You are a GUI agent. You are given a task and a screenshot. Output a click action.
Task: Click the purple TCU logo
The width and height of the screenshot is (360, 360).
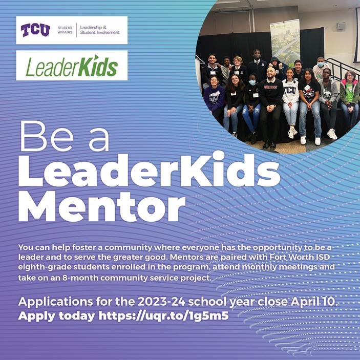(35, 30)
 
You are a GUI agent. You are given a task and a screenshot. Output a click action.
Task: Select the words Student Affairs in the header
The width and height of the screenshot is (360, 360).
(65, 30)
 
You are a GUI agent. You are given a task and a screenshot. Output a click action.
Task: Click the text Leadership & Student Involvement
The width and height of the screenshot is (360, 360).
(100, 30)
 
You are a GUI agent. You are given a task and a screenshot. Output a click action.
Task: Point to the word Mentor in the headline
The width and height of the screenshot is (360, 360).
(102, 206)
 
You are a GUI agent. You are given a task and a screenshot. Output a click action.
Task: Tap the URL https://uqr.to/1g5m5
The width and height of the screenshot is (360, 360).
(163, 316)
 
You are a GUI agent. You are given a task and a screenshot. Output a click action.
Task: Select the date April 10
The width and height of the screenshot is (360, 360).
(314, 301)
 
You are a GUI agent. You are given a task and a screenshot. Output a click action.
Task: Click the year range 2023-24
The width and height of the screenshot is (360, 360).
(161, 302)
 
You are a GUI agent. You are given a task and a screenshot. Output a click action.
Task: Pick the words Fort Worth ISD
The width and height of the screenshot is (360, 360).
(300, 257)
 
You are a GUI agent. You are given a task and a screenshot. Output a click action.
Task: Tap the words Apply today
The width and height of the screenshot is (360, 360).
(56, 316)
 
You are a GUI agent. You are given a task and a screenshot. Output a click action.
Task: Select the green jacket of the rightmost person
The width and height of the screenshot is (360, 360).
(349, 92)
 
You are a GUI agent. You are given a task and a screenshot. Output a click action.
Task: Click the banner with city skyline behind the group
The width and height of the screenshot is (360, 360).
(285, 42)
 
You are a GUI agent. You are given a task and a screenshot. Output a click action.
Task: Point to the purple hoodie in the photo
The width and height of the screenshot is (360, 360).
(214, 98)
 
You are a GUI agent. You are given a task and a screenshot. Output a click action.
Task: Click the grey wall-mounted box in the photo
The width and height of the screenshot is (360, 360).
(341, 27)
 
